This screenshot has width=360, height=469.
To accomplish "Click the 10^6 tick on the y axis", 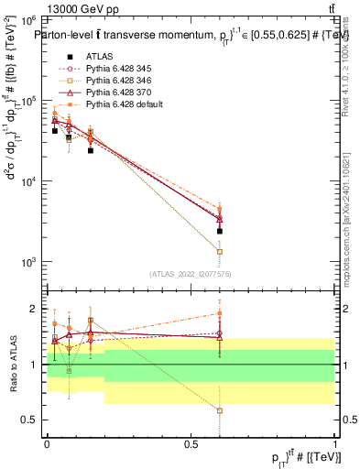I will (27, 19).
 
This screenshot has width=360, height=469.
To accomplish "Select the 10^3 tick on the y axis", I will (27, 262).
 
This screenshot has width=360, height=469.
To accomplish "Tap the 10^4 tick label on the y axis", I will (27, 181).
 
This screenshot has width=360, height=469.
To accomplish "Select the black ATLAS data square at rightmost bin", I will (220, 232).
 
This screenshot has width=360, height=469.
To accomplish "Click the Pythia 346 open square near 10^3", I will (220, 251).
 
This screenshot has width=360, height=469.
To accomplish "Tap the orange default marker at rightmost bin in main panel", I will (220, 210).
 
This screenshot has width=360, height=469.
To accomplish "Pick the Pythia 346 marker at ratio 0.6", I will (220, 410).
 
